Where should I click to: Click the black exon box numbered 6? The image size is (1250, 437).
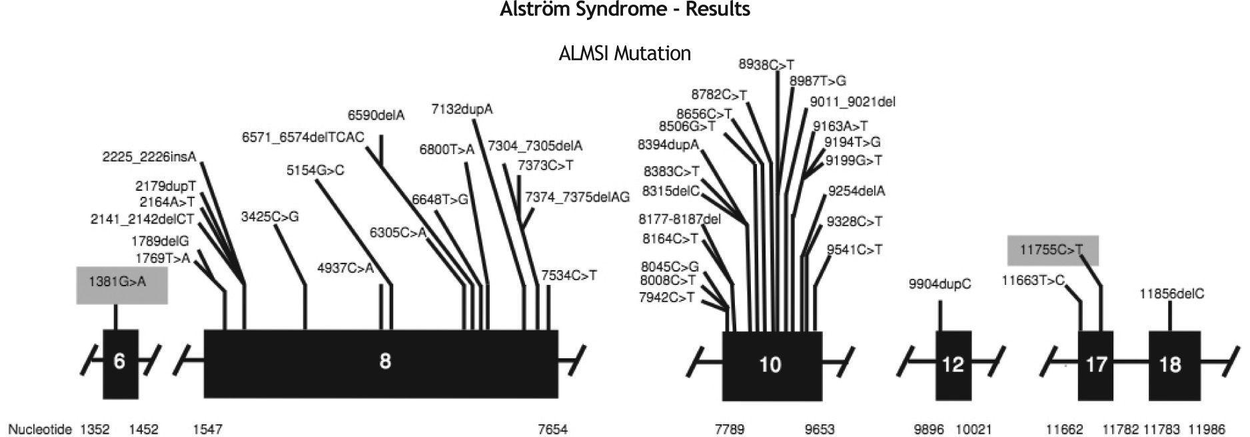[121, 364]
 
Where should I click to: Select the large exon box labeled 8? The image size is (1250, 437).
[380, 363]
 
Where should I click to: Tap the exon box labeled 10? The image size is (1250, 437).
[772, 365]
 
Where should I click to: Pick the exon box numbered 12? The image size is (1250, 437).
[953, 365]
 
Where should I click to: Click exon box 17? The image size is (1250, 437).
[1096, 365]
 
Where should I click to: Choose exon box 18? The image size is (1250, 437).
[1174, 365]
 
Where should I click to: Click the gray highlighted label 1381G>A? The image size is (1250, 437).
[122, 282]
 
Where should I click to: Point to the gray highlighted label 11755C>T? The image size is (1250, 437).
[1052, 250]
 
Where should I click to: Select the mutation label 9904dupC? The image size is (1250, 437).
[939, 284]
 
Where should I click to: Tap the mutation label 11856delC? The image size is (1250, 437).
[1171, 294]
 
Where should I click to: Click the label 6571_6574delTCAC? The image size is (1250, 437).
[303, 137]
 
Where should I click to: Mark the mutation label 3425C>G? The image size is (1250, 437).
[270, 216]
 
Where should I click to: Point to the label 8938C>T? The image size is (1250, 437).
[766, 65]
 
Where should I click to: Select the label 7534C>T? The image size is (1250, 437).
[568, 275]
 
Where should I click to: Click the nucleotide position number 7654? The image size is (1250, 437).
[553, 429]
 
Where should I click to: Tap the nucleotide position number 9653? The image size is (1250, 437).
[820, 429]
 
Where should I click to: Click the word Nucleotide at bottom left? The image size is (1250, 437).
[39, 429]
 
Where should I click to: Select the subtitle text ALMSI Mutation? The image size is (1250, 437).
[624, 53]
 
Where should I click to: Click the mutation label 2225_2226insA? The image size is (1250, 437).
[149, 157]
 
